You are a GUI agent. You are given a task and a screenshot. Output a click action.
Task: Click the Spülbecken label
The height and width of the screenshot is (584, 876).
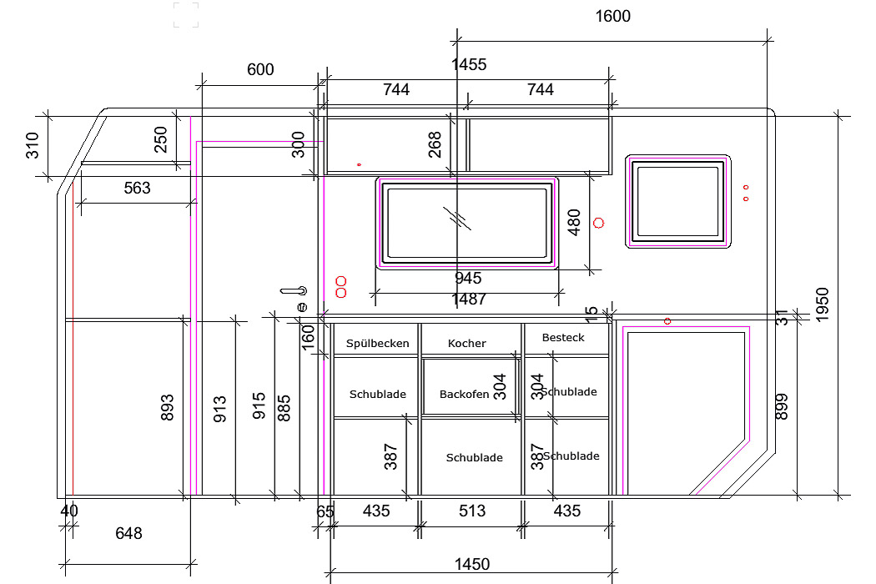pos(378,344)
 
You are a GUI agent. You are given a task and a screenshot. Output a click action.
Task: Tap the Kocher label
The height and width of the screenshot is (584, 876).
pos(467,343)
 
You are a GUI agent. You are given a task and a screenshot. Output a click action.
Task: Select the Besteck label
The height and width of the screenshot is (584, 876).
pos(563,338)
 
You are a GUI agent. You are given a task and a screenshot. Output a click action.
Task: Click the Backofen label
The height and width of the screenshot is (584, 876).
pos(464,395)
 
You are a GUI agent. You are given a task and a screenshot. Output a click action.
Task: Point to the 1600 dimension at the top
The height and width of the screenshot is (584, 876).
pos(613,16)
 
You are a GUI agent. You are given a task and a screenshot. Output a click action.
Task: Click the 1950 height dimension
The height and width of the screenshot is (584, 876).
pos(823,305)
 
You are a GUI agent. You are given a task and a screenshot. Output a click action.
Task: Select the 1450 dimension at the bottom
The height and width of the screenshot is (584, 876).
pos(472,565)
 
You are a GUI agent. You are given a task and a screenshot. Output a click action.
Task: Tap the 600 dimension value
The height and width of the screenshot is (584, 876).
pos(260,70)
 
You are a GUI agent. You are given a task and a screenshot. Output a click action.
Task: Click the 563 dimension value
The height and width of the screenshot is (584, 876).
pos(138,188)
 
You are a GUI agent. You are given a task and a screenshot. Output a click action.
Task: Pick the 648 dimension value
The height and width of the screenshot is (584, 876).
pos(128,533)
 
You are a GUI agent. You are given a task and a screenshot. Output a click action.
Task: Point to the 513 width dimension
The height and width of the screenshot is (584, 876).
pos(472,511)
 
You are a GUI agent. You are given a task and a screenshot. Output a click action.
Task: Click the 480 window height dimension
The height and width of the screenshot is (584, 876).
pos(574,223)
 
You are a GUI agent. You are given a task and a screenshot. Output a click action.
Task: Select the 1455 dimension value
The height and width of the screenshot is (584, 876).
pos(469,65)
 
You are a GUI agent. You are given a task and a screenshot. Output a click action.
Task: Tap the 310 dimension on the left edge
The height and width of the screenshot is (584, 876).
pos(33,145)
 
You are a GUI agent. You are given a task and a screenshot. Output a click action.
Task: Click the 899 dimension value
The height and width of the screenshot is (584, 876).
pos(782,407)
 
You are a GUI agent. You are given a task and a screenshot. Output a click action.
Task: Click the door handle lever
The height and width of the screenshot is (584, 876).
pos(294,290)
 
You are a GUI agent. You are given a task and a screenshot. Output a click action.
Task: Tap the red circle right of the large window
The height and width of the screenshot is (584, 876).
pos(598,223)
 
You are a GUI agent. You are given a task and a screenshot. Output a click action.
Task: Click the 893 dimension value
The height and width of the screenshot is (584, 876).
pos(167,408)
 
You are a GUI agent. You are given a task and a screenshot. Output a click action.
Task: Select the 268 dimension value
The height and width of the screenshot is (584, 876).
pos(435,144)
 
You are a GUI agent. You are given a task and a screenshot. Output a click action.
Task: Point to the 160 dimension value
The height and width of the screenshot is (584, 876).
pos(309,338)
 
